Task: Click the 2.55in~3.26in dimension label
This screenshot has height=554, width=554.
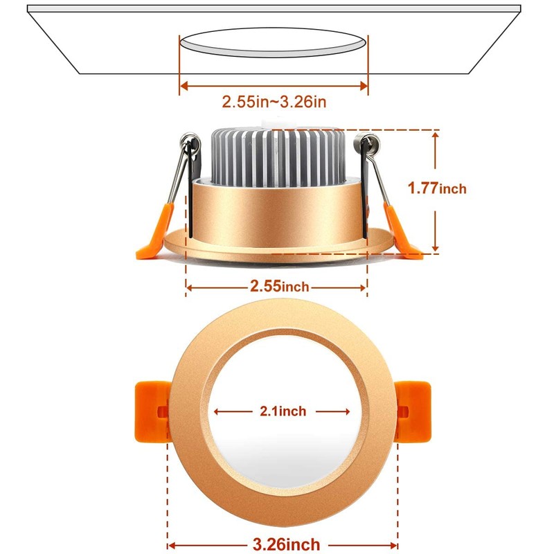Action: tap(274, 102)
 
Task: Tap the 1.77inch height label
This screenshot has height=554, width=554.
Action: tap(437, 188)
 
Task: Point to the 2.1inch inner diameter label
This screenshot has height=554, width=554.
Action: tap(283, 411)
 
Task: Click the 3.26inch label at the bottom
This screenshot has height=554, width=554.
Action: tap(285, 545)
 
